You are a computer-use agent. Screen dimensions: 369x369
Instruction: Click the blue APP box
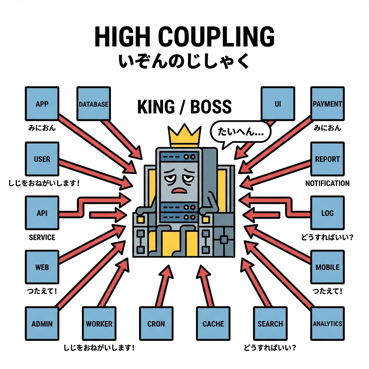point(42,104)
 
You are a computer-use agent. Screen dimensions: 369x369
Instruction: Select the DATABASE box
point(93,104)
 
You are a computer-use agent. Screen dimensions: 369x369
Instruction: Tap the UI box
point(277,104)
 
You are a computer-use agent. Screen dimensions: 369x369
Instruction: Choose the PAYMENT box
point(327,104)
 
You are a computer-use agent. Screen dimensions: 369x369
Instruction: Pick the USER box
point(42,159)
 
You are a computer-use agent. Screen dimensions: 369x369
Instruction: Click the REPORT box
point(327,159)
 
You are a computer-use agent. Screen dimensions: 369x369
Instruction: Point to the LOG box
point(327,213)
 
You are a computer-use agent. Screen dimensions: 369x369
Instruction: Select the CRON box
point(156,323)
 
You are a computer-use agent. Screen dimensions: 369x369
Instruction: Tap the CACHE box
point(213,323)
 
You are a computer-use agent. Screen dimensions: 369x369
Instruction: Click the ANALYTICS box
point(327,323)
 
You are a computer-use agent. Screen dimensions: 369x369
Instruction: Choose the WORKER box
point(99,323)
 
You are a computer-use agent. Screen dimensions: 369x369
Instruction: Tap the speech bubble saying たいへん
point(240,132)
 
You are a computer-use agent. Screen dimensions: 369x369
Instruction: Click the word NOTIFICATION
point(327,183)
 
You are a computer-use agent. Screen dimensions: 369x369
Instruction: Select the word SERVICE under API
point(42,237)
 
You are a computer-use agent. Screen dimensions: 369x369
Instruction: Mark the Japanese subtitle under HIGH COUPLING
point(184,60)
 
